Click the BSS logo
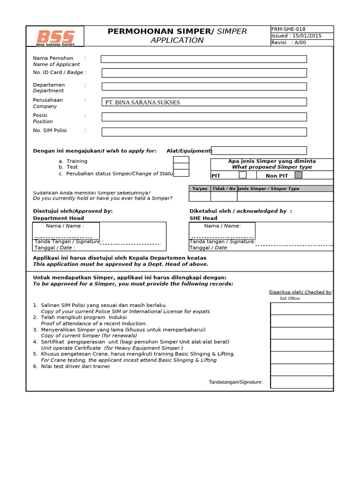pos(55,37)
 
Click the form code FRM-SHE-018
pos(288,29)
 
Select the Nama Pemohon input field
pos(203,59)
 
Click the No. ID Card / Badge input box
pos(204,73)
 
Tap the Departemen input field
pos(204,86)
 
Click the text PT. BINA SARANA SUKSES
pos(142,102)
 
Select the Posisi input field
pos(204,117)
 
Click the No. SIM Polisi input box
pos(204,132)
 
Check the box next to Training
pos(181,160)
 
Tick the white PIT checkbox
pos(242,175)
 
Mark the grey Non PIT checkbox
pos(298,175)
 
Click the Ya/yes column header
pos(200,188)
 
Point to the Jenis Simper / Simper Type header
pos(269,188)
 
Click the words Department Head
pos(58,218)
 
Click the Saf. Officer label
pos(290,298)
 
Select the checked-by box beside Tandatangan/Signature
pos(301,382)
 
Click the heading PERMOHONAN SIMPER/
pos(161,31)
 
